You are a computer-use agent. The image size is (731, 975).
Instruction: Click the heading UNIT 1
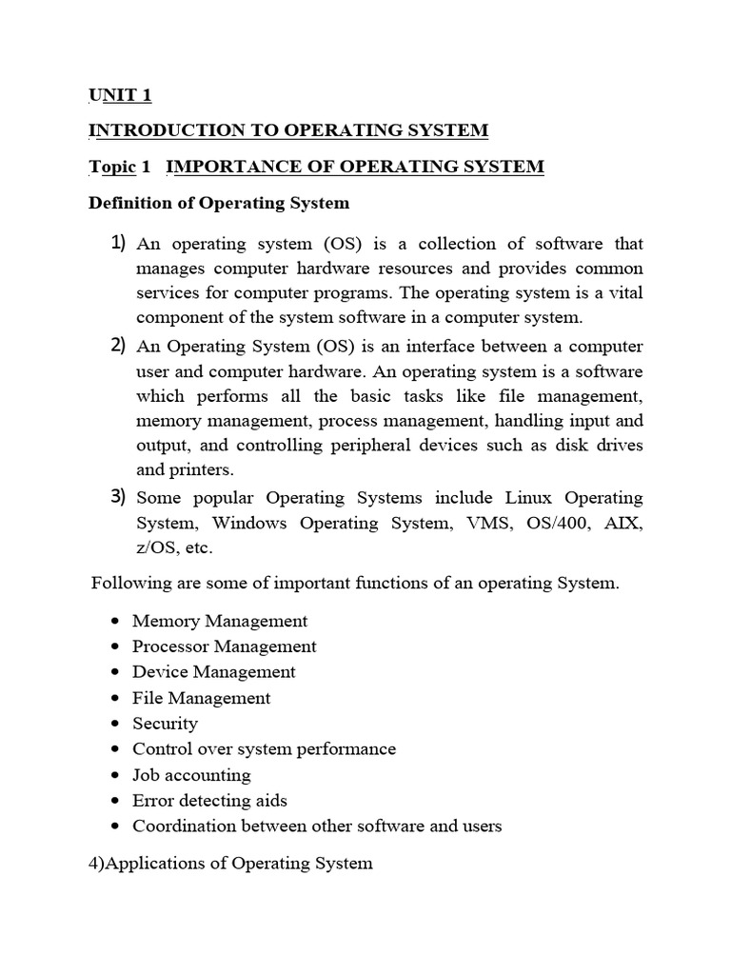pos(120,95)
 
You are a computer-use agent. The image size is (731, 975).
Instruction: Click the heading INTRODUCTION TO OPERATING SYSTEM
pos(288,130)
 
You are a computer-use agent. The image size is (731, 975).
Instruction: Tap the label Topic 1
pos(120,167)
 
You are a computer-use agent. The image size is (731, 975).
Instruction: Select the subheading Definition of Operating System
pos(219,203)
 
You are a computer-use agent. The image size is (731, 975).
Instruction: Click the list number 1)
pos(119,244)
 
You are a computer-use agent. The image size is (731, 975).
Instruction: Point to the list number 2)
pos(119,345)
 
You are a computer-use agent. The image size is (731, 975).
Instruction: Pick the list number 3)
pos(119,496)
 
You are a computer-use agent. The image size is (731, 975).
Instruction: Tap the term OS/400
pos(559,523)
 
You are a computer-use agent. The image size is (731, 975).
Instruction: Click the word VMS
pos(490,523)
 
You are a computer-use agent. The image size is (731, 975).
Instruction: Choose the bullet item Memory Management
pos(220,621)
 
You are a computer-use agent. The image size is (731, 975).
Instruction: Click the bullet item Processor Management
pos(224,647)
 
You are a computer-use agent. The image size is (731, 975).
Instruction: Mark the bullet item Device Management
pos(213,672)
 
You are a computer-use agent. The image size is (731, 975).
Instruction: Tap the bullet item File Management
pos(201,698)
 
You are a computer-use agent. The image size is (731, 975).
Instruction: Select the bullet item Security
pos(165,724)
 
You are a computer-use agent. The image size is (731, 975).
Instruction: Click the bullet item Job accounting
pos(191,775)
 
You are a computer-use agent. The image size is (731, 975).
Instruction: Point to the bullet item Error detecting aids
pos(209,801)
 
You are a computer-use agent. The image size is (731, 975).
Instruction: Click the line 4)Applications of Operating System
pos(231,864)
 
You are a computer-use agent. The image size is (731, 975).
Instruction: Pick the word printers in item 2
pos(203,469)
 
